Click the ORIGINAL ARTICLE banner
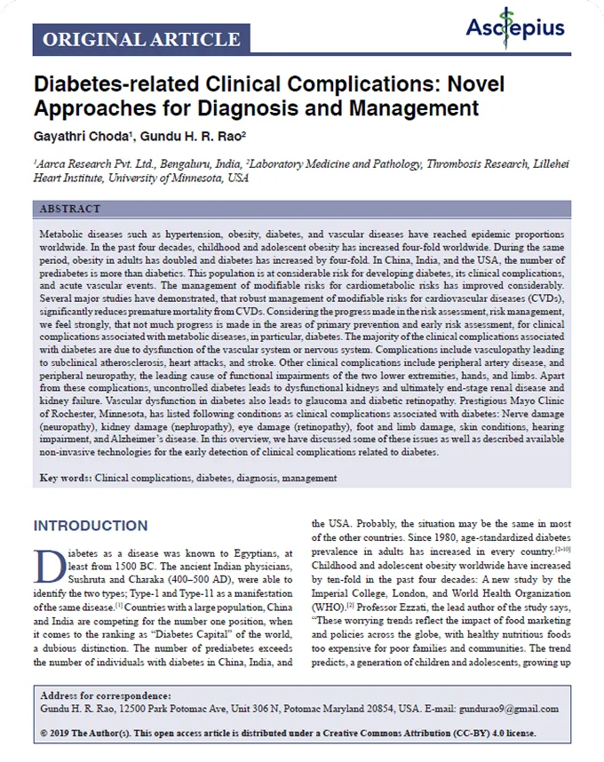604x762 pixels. pyautogui.click(x=141, y=39)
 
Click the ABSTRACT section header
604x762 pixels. pyautogui.click(x=71, y=209)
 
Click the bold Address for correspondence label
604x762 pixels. pyautogui.click(x=106, y=695)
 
